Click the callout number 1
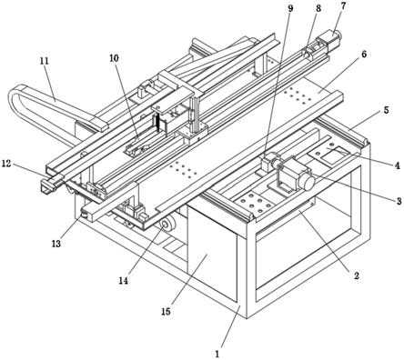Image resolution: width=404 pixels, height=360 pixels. (217, 354)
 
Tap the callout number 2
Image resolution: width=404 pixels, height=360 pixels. (357, 275)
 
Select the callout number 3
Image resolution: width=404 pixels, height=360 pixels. (399, 201)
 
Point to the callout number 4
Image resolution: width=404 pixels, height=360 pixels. (397, 165)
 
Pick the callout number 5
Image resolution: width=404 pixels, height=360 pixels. (386, 110)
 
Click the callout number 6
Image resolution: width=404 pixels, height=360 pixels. (364, 54)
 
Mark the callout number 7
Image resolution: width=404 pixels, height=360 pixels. (342, 5)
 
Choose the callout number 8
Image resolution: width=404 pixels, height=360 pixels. (318, 8)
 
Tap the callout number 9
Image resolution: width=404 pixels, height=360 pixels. (290, 8)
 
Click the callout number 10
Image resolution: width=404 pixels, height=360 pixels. (114, 58)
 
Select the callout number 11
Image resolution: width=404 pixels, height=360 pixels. (45, 61)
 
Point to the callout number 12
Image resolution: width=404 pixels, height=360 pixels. (6, 164)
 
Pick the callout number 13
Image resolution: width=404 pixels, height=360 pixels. (56, 243)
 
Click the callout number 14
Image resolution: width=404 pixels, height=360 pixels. (123, 281)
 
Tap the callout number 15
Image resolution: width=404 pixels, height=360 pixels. (166, 311)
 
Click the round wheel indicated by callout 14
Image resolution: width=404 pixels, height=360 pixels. (167, 225)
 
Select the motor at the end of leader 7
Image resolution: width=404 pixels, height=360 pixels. (330, 38)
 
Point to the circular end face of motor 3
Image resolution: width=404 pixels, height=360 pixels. (307, 182)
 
